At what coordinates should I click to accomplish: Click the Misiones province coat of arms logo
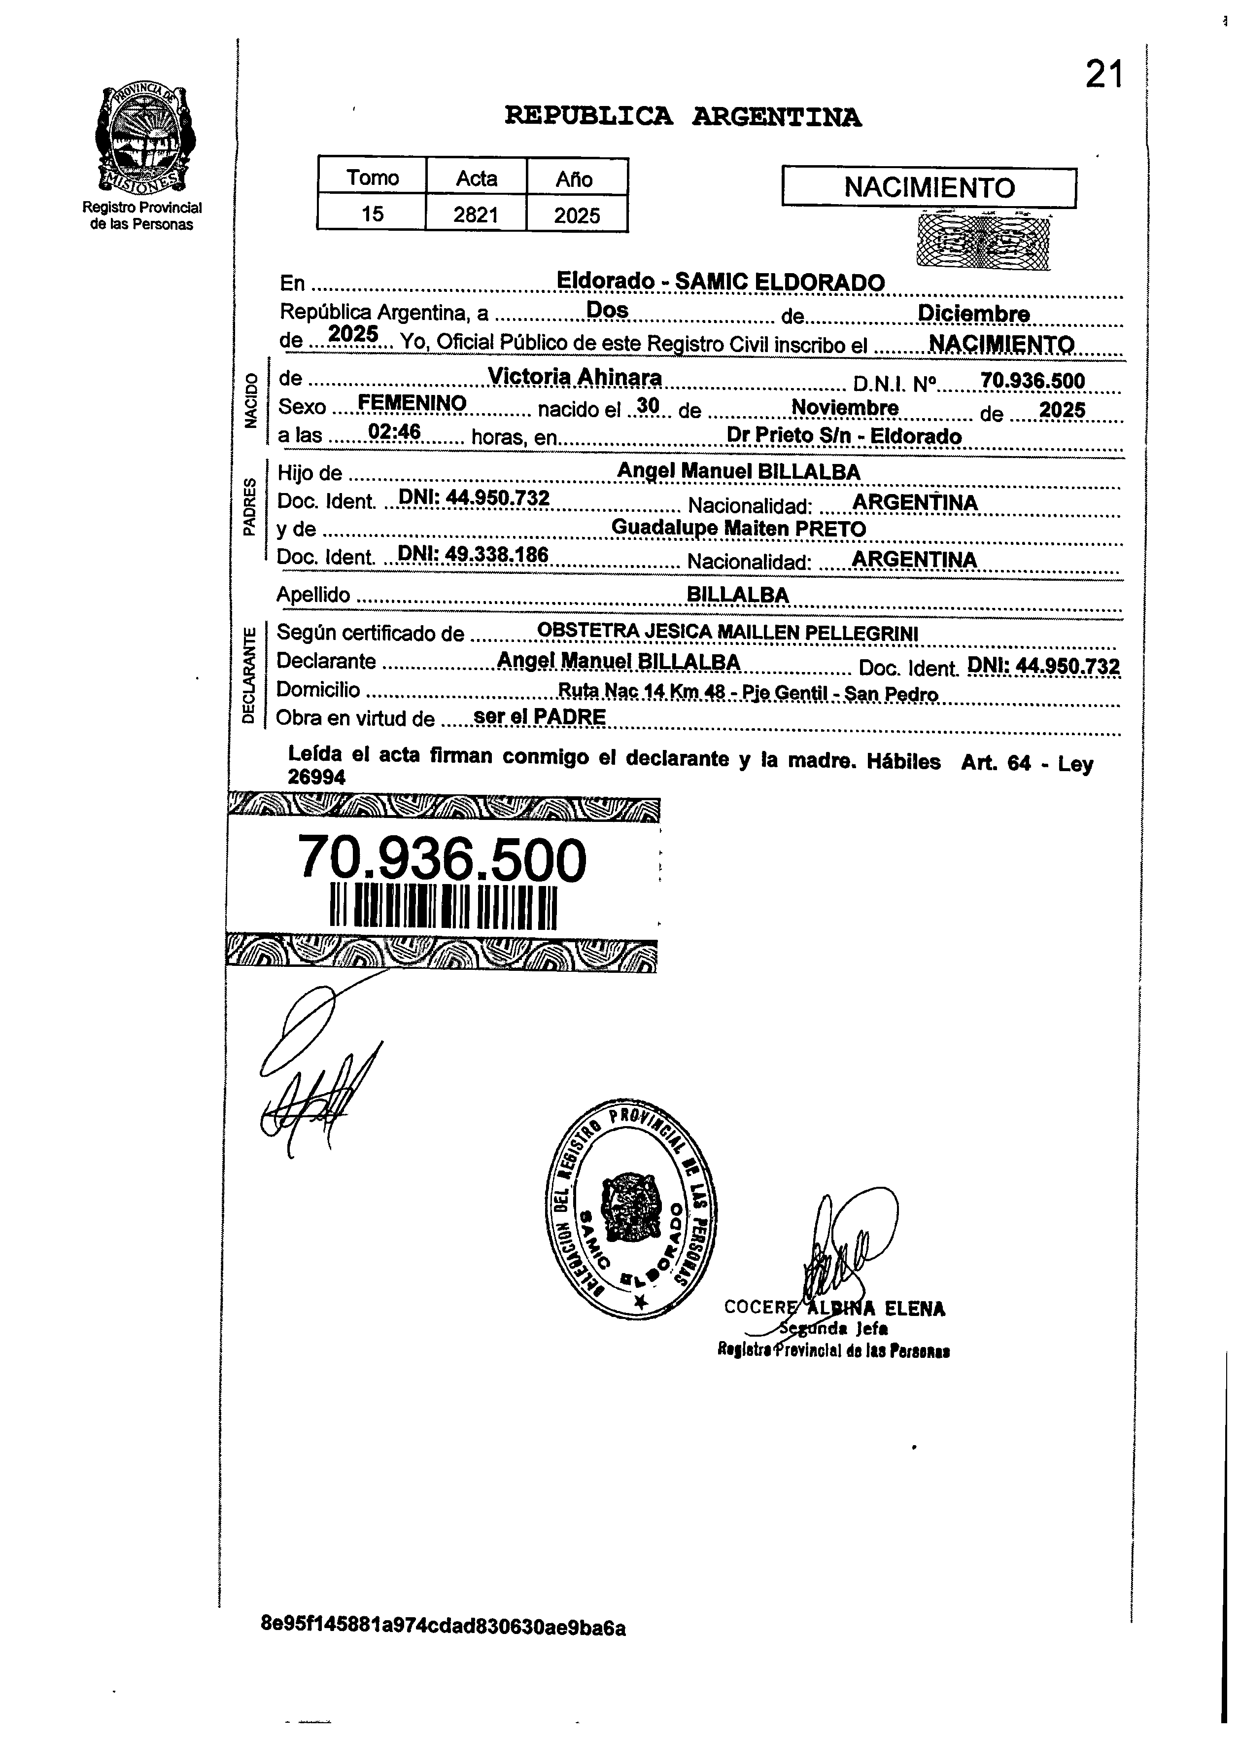click(142, 138)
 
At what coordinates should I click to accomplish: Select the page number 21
click(1104, 75)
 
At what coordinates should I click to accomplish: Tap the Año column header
click(575, 178)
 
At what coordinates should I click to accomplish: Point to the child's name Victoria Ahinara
click(575, 377)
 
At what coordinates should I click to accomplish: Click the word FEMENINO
click(412, 403)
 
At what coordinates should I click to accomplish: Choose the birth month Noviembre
click(845, 408)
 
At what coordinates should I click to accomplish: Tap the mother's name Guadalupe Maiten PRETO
click(738, 528)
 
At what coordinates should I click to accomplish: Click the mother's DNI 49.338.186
click(474, 555)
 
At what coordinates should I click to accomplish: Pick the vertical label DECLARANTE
click(248, 674)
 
